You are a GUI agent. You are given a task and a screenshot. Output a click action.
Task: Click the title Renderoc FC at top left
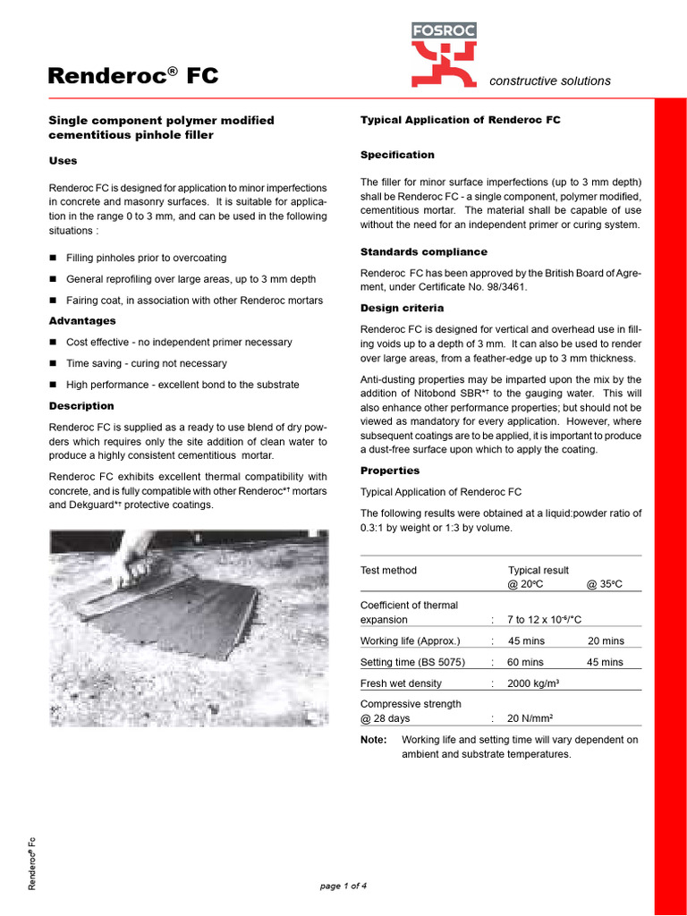pos(132,76)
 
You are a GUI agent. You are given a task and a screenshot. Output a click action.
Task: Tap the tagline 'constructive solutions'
pos(550,81)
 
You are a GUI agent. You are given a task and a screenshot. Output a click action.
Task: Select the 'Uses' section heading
pos(63,161)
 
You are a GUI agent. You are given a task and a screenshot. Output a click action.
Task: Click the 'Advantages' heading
pos(82,320)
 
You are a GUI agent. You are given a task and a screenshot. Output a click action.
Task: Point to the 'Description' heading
pos(81,406)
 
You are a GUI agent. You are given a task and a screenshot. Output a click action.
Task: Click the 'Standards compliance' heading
pos(424,252)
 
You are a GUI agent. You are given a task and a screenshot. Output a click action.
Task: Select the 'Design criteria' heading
pos(402,308)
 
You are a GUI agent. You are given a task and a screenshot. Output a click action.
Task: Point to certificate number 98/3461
pos(524,286)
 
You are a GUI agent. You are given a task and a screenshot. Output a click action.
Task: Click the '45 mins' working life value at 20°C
pos(525,640)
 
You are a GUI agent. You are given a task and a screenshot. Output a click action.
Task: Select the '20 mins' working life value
pos(606,640)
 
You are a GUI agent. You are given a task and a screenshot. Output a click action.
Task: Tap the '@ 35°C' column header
pos(604,584)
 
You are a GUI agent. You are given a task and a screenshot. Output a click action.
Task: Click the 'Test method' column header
pos(388,570)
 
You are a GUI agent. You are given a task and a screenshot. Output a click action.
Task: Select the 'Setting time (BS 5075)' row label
pos(415,662)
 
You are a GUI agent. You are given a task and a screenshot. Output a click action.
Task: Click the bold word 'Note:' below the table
pos(374,740)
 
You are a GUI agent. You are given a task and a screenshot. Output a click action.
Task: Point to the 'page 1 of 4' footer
pos(343,886)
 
